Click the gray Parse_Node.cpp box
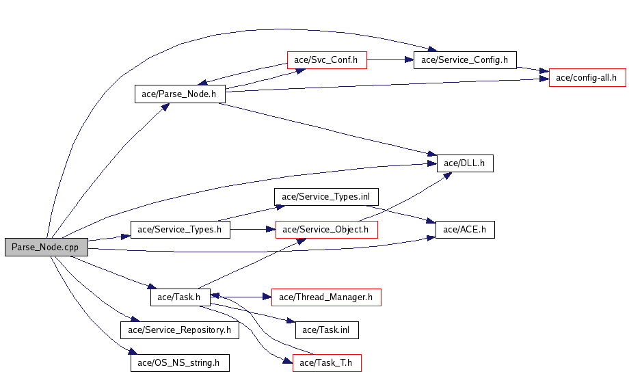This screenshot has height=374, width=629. (x=46, y=248)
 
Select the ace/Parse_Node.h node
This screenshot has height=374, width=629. (x=180, y=94)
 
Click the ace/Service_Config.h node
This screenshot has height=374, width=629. (x=465, y=60)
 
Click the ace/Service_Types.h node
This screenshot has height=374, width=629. (x=180, y=230)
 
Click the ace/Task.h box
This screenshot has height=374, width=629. (x=179, y=297)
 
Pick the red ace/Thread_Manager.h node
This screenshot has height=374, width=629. (x=325, y=297)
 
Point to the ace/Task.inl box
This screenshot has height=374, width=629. (x=327, y=330)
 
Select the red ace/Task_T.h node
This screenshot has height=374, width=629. (x=327, y=363)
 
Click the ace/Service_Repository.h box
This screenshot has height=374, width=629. (x=180, y=330)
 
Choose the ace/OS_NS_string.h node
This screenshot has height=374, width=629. (x=180, y=363)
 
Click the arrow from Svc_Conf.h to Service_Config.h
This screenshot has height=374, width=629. (x=390, y=60)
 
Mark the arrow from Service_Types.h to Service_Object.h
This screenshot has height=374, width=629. (x=253, y=230)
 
